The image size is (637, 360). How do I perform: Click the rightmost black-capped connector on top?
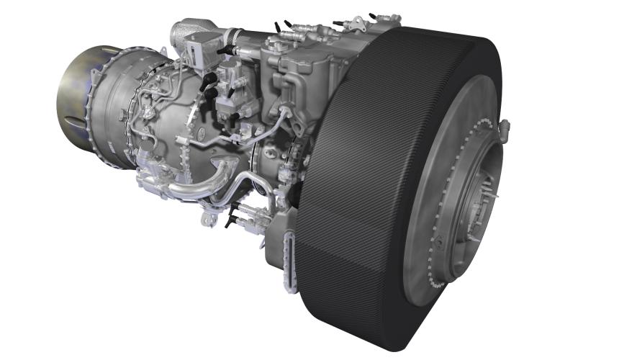(x=374, y=16)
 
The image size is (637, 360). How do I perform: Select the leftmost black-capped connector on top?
(x=278, y=27)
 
